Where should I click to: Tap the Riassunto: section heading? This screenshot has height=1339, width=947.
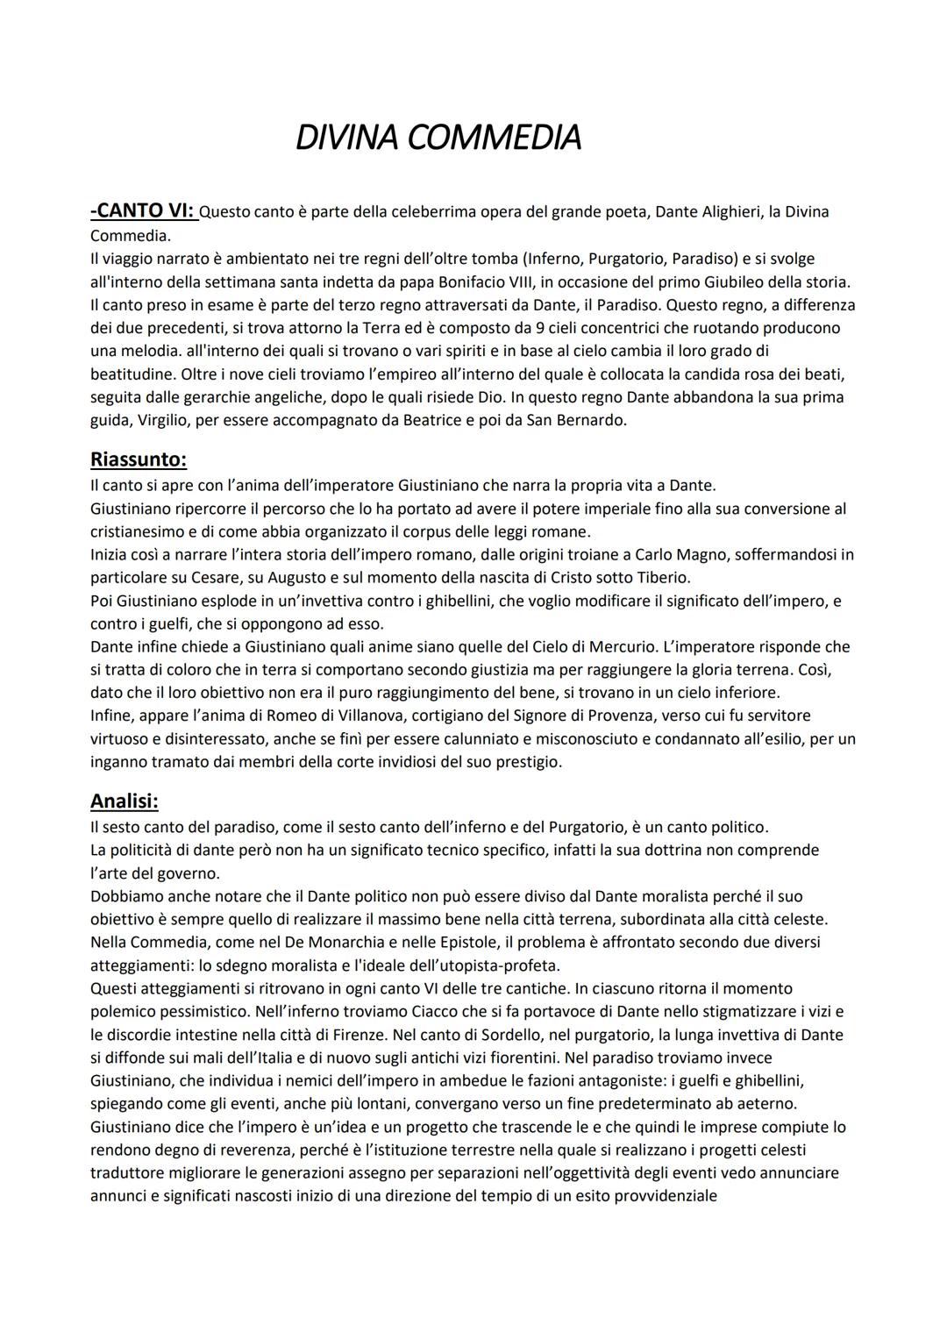click(x=139, y=459)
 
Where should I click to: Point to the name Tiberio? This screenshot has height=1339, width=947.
click(x=660, y=578)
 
